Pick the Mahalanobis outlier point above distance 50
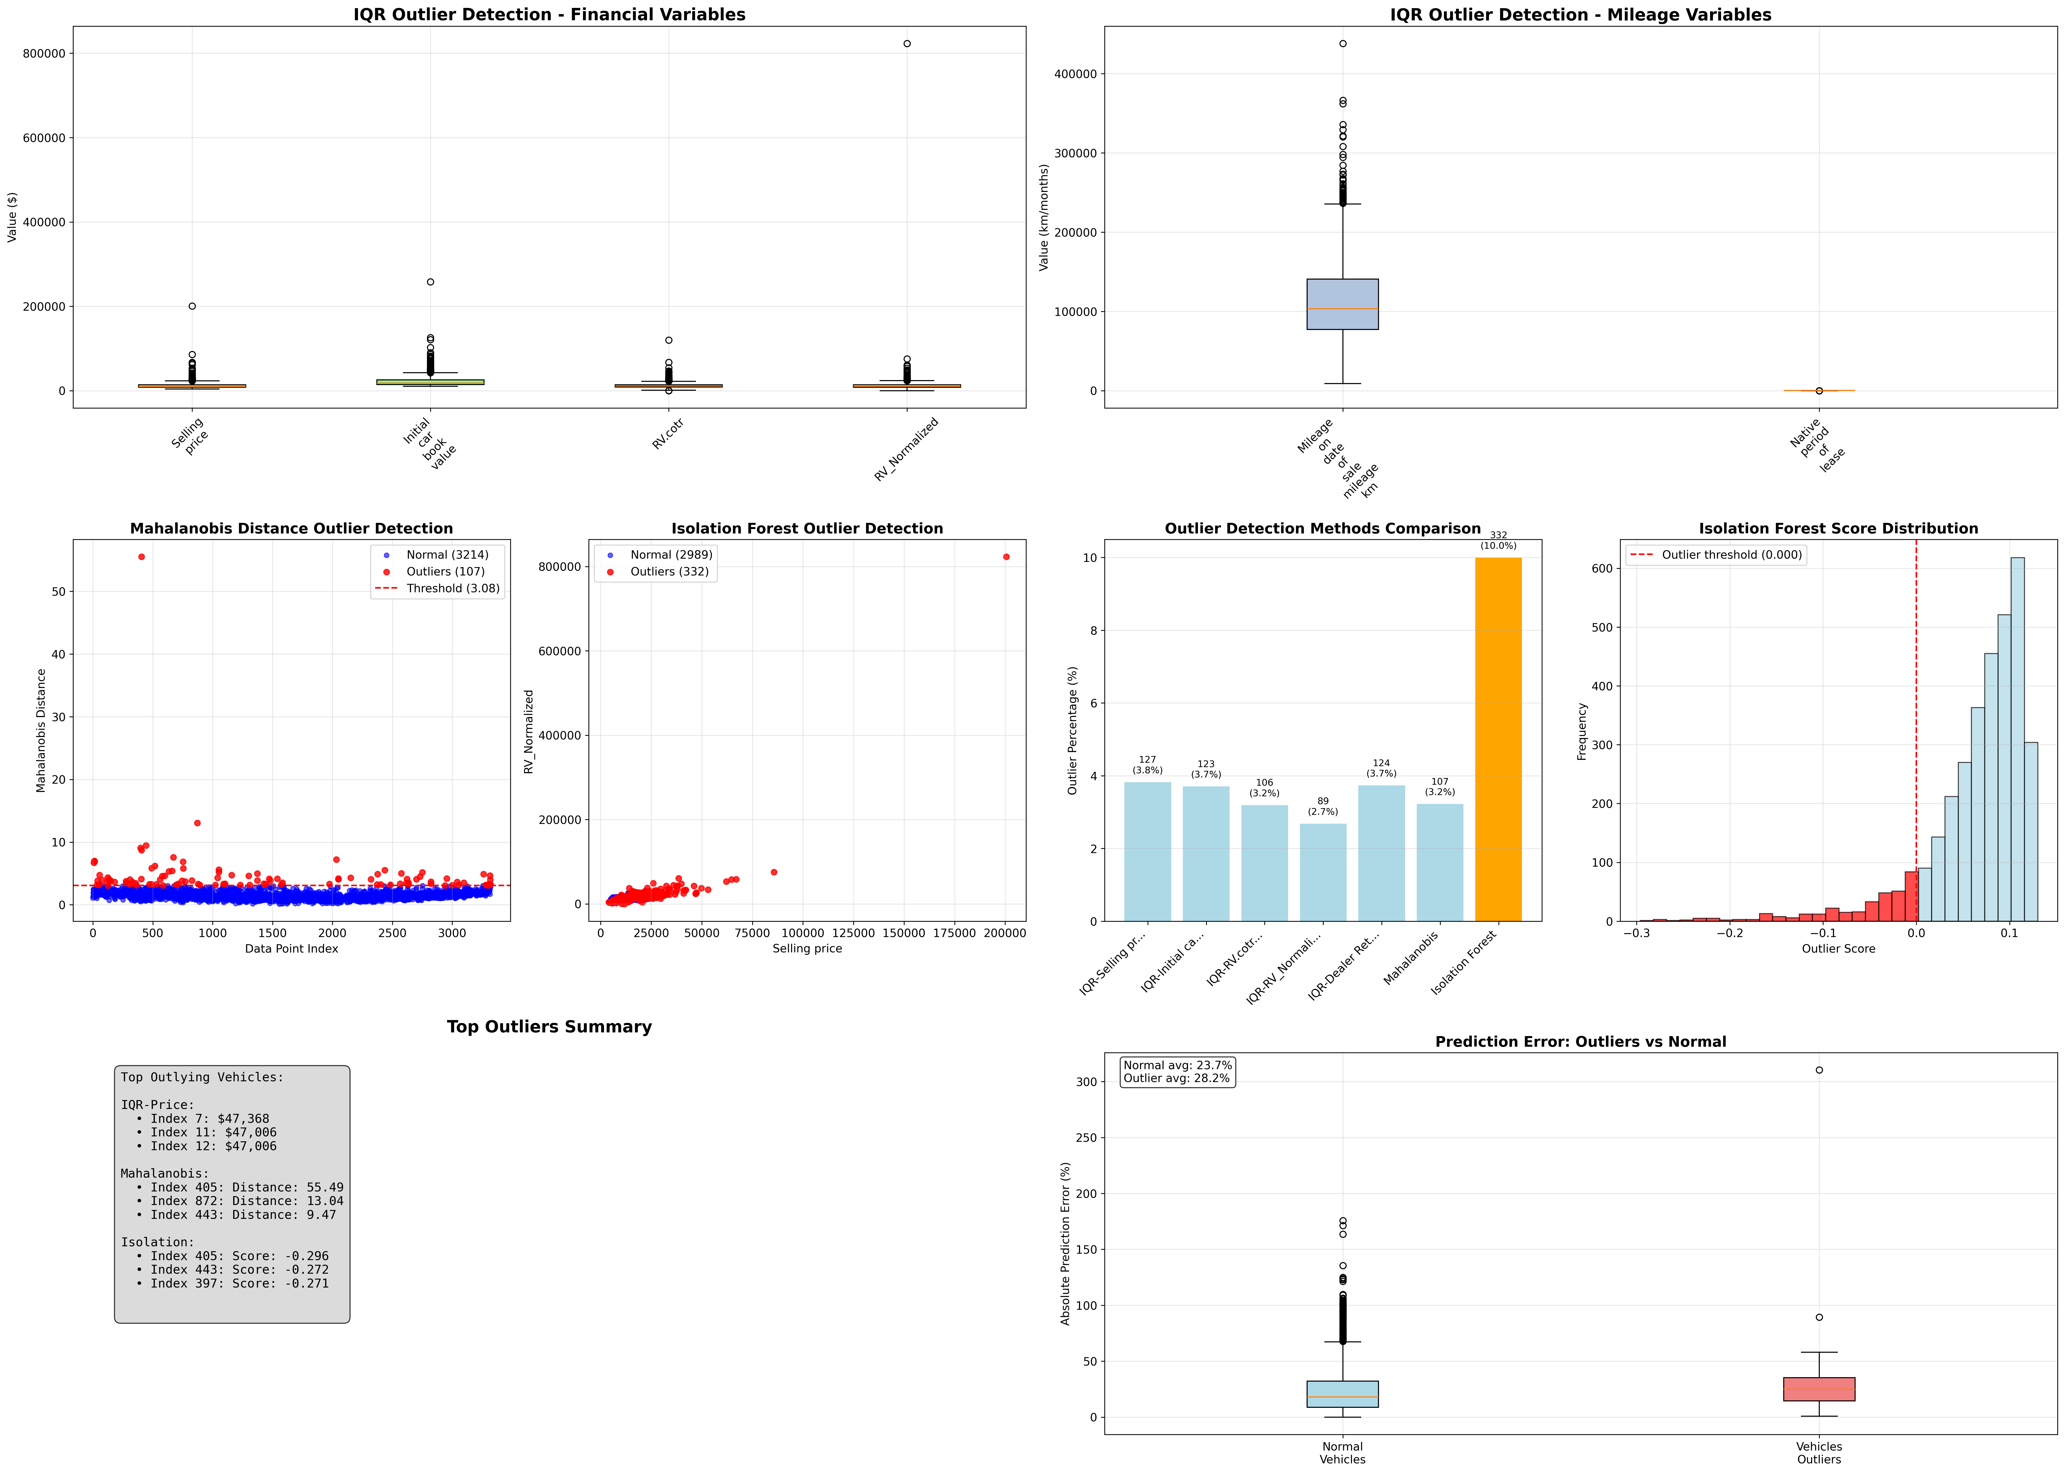142,557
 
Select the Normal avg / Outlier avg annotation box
1177,1072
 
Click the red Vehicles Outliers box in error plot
1818,1389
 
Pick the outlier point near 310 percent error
1818,1070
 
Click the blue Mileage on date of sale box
1342,304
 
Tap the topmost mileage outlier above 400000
1342,43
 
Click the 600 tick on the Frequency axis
1601,569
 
